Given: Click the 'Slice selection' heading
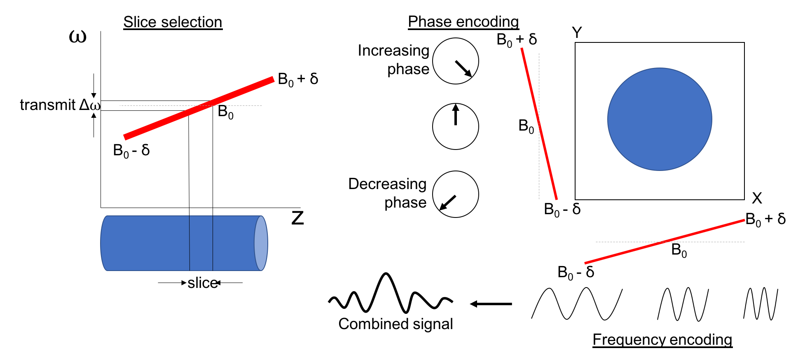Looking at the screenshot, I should point(173,22).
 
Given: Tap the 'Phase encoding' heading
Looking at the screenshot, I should point(463,22).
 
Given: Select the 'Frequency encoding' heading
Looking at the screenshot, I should point(662,340).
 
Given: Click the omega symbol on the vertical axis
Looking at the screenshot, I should point(77,37).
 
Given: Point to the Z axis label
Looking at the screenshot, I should point(297,218).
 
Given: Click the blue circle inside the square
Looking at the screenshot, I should point(660,119).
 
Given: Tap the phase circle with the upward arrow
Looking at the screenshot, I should point(455,126).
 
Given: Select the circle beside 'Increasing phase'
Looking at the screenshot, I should point(455,61).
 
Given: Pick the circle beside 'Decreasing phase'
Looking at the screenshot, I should point(455,194).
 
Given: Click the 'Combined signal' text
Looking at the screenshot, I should point(395,324).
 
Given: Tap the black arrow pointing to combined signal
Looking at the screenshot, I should point(491,304).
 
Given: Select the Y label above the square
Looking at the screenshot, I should point(577,33).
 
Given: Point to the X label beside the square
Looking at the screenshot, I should point(757,199).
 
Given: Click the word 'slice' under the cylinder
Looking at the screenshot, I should point(202,283).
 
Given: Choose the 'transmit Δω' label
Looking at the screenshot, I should point(60,105).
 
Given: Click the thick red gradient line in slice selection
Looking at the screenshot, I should point(199,108).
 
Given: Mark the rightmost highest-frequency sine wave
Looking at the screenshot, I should point(761,304).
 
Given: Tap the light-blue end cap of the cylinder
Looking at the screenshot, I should point(261,243).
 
